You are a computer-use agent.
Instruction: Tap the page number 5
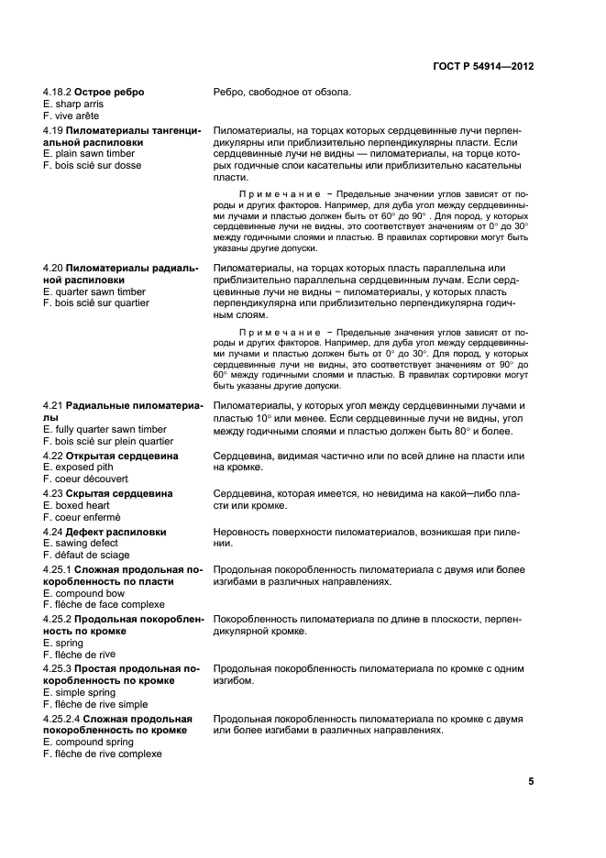tap(531, 782)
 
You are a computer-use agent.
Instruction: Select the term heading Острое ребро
tap(109, 93)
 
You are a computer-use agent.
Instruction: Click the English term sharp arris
tap(73, 104)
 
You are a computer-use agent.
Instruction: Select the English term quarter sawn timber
tap(94, 291)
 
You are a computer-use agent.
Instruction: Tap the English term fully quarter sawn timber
tap(105, 428)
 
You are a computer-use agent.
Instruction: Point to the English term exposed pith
tap(78, 467)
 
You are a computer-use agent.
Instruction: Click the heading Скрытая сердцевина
tap(123, 493)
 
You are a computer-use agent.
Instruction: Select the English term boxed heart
tap(76, 505)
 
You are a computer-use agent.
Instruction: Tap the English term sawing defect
tap(80, 543)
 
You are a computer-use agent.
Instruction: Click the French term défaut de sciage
tap(86, 555)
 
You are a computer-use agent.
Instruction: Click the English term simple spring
tap(80, 692)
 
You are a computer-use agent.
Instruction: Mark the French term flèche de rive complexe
tap(102, 753)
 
